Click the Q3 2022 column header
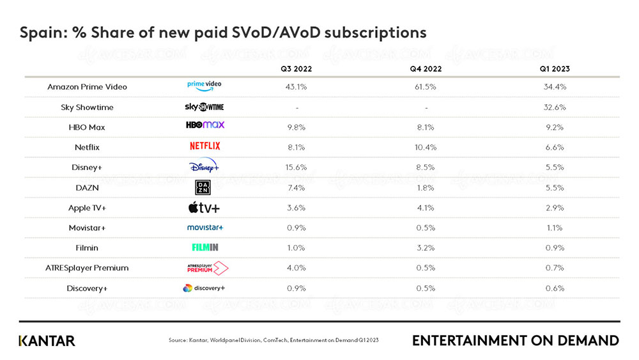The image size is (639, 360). [296, 68]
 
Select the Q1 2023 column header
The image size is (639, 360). [554, 68]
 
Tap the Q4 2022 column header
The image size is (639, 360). [426, 68]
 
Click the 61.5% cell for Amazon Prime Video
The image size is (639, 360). [426, 86]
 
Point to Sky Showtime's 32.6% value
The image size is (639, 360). [554, 107]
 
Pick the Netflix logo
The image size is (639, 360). [204, 146]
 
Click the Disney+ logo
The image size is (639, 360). [204, 167]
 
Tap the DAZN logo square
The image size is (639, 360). [203, 187]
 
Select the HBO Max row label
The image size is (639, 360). [87, 127]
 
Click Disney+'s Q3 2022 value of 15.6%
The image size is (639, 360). [296, 167]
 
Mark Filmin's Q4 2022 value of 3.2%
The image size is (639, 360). [426, 247]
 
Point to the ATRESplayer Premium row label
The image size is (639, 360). [88, 267]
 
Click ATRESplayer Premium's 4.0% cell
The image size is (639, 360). [296, 267]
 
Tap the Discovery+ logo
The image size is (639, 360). [204, 288]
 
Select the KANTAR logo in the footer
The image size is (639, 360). [47, 340]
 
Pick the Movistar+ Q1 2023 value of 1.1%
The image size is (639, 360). [554, 228]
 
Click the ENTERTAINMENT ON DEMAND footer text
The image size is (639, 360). [515, 340]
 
